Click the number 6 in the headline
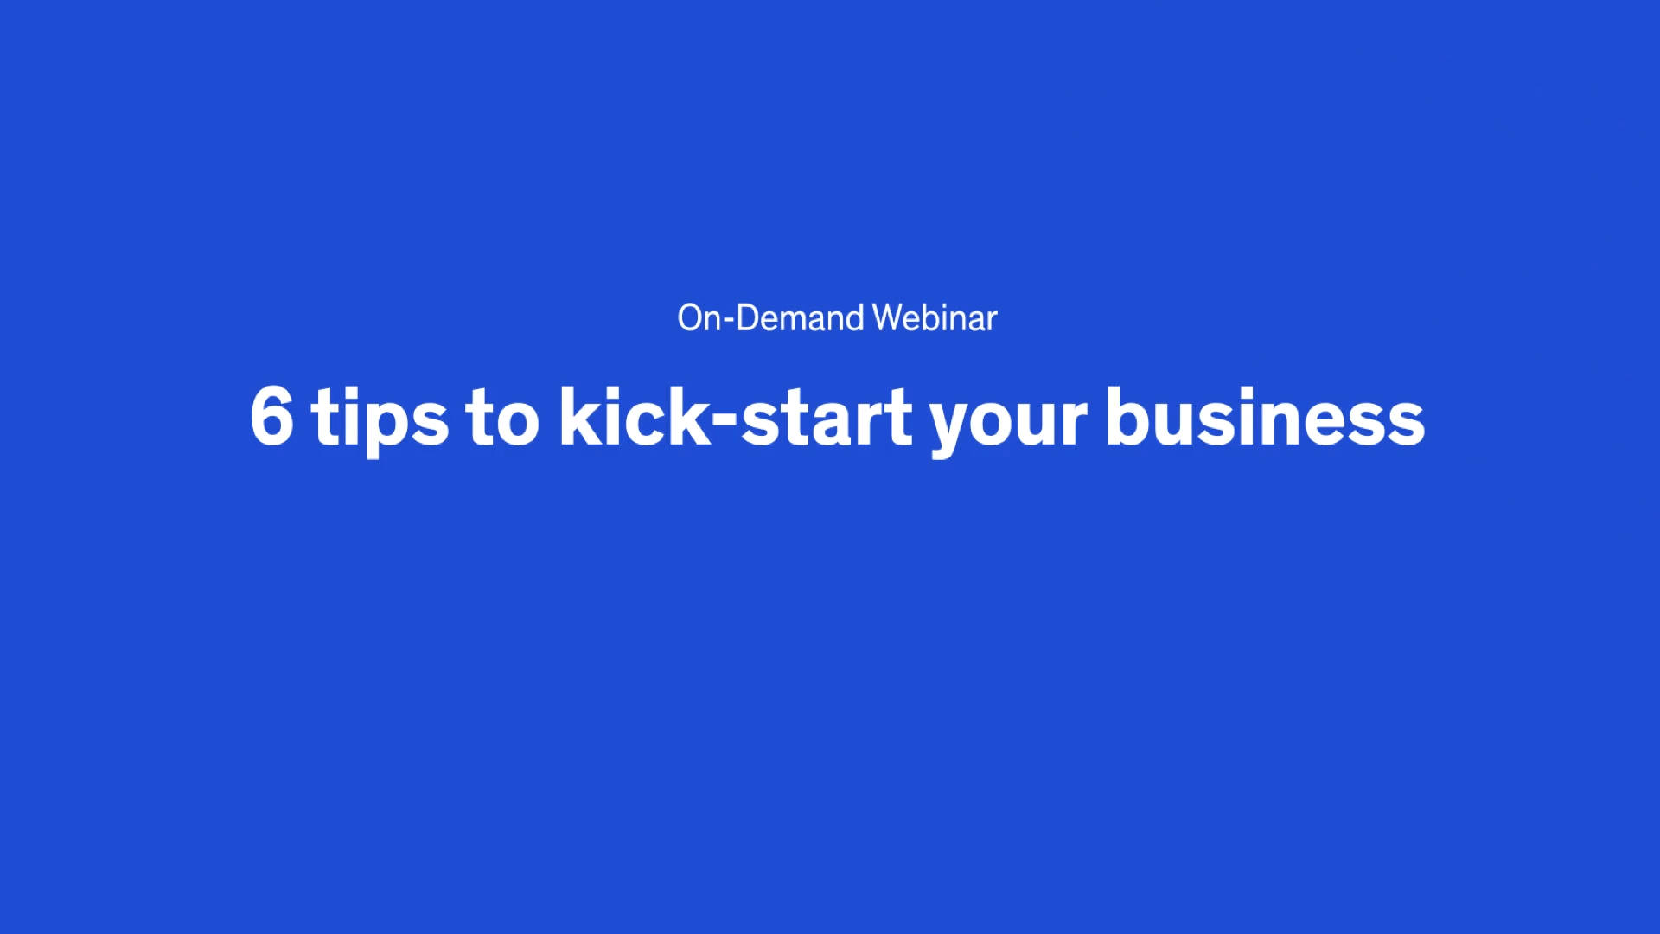pyautogui.click(x=271, y=416)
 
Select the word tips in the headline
pyautogui.click(x=380, y=421)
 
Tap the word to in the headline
pyautogui.click(x=502, y=419)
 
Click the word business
pyautogui.click(x=1266, y=416)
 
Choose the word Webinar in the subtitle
pyautogui.click(x=935, y=318)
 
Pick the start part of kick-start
pyautogui.click(x=827, y=419)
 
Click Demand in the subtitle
pyautogui.click(x=800, y=318)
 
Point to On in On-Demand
pyautogui.click(x=699, y=318)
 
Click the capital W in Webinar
pyautogui.click(x=889, y=318)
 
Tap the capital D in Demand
pyautogui.click(x=749, y=318)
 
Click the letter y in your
pyautogui.click(x=954, y=430)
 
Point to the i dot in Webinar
pyautogui.click(x=946, y=306)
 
